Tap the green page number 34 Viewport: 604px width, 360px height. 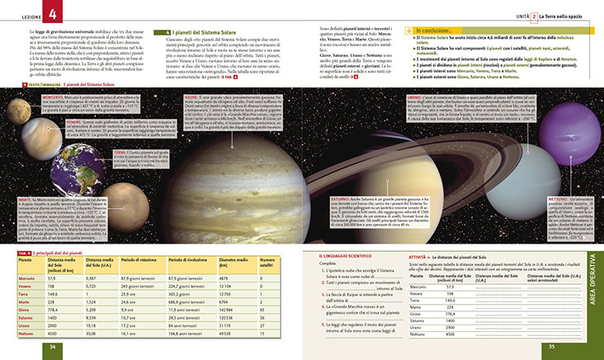tap(51, 346)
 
